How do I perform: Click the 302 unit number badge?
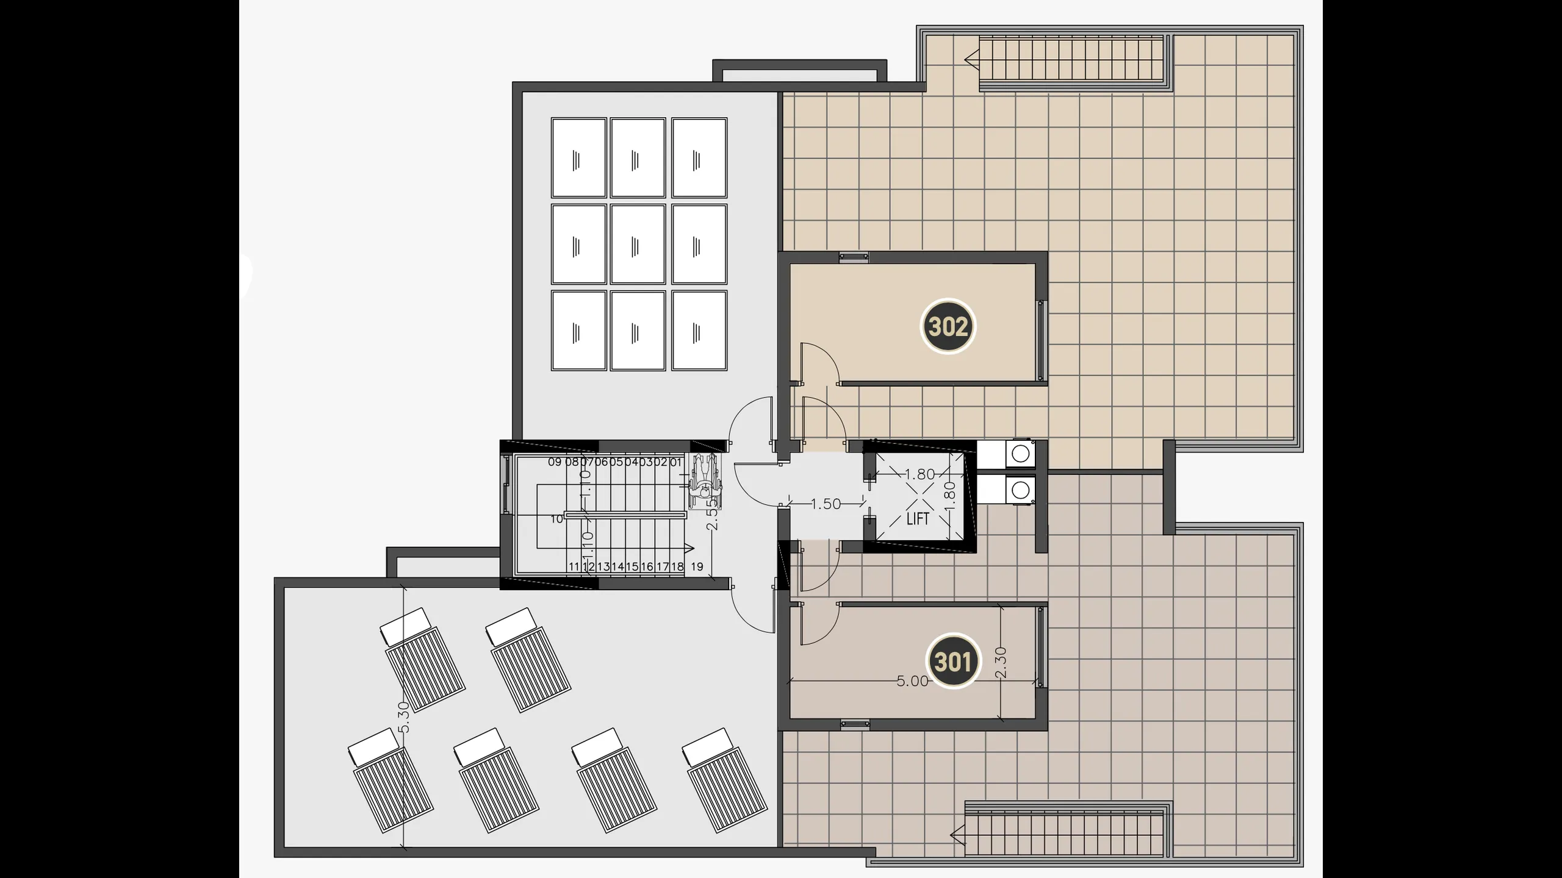point(948,326)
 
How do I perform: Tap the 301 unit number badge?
point(952,662)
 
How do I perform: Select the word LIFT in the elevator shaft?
point(918,519)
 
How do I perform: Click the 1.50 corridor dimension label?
point(826,504)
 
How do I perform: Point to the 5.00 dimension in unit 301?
point(912,681)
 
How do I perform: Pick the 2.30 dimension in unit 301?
point(1000,663)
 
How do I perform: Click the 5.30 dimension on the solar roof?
point(403,717)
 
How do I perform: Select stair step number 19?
point(697,566)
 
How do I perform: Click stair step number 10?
point(556,519)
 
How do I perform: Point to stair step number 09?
point(554,462)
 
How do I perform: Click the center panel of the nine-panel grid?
point(638,244)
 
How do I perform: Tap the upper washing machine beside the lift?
point(1020,453)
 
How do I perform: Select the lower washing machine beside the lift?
point(1020,490)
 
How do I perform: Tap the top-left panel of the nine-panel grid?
point(578,158)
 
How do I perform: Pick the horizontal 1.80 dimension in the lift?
point(919,474)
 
